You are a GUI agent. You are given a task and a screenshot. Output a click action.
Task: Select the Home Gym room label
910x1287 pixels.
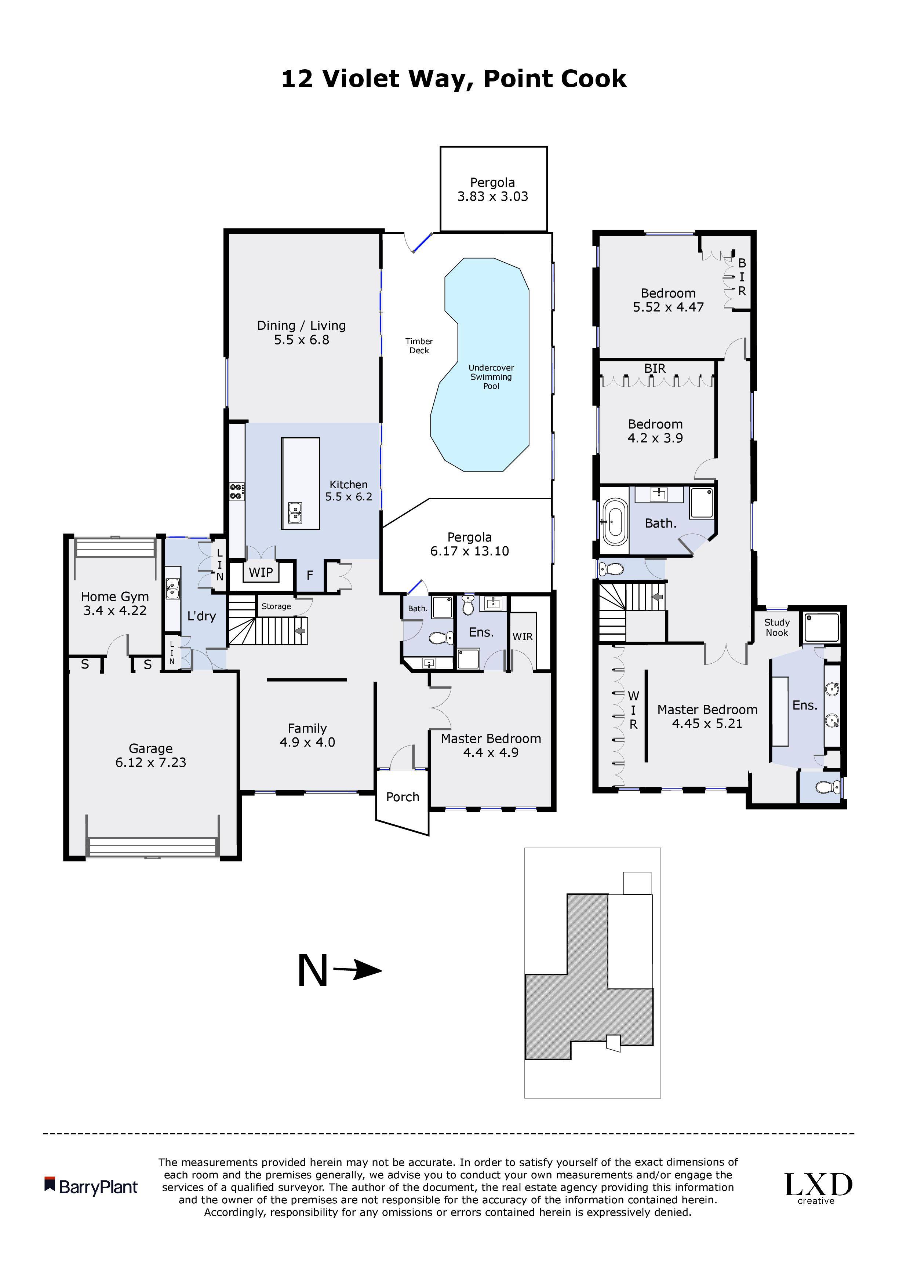pyautogui.click(x=115, y=597)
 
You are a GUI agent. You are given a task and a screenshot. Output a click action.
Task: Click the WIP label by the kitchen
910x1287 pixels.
pyautogui.click(x=261, y=572)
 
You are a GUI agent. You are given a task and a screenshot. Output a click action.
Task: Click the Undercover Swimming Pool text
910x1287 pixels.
pyautogui.click(x=491, y=377)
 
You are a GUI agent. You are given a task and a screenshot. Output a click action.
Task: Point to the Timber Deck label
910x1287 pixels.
pyautogui.click(x=419, y=346)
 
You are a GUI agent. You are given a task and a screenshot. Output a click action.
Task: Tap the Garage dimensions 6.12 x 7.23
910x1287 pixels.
pyautogui.click(x=151, y=762)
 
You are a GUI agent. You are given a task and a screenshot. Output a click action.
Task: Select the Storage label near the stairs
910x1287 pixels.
pyautogui.click(x=276, y=606)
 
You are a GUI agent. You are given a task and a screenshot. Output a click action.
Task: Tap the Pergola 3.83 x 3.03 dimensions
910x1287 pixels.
pyautogui.click(x=493, y=196)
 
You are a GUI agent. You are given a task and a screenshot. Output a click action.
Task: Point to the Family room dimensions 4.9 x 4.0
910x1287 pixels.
pyautogui.click(x=307, y=742)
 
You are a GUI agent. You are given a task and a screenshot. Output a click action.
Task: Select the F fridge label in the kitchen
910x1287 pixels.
pyautogui.click(x=309, y=575)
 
